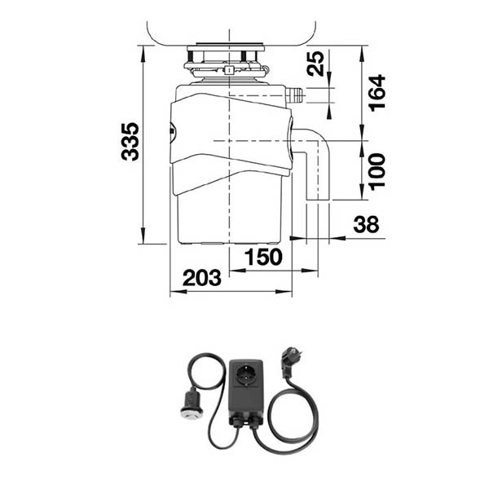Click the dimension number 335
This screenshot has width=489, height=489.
(x=130, y=142)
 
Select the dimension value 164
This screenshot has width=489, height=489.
(x=377, y=93)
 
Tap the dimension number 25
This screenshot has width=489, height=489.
(x=315, y=64)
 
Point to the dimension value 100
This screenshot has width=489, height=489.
(x=377, y=171)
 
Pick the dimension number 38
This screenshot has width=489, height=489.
(x=367, y=224)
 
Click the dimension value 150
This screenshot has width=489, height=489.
(x=263, y=257)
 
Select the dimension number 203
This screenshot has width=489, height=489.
(x=202, y=278)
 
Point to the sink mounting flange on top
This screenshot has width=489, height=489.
(x=226, y=47)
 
